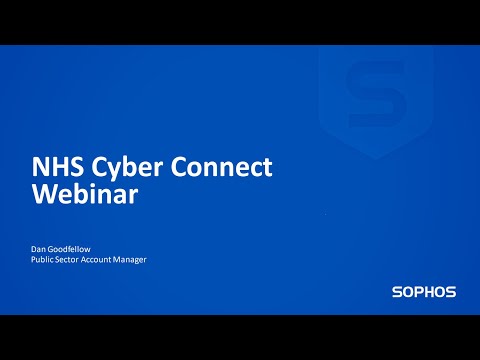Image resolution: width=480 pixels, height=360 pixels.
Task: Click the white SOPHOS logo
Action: coord(424,293)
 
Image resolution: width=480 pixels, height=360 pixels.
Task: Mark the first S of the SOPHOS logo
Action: coord(397,293)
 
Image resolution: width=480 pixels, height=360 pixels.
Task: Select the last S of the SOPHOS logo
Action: coord(451,293)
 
